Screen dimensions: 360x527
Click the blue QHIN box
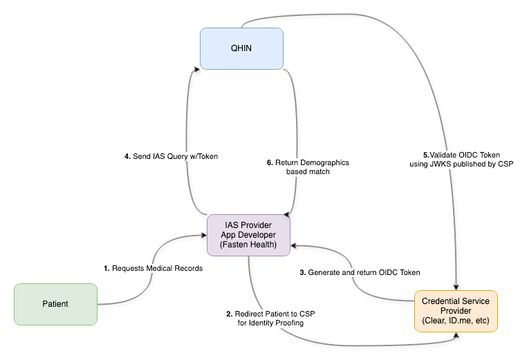(242, 48)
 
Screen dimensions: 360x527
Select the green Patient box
(55, 304)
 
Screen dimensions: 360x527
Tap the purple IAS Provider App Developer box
(249, 235)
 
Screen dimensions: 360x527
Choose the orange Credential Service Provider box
(455, 311)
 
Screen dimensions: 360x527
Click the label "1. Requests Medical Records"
(153, 268)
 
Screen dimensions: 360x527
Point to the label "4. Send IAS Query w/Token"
(171, 156)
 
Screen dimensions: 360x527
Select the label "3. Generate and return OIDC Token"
(359, 272)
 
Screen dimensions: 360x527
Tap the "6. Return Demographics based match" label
(308, 167)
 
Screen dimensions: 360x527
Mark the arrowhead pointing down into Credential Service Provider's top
(456, 286)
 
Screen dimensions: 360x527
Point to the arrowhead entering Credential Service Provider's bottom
(456, 336)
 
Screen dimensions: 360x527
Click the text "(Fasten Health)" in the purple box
(249, 245)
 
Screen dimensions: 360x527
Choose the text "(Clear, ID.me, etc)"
(455, 322)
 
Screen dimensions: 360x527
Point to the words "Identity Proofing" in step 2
(275, 323)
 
